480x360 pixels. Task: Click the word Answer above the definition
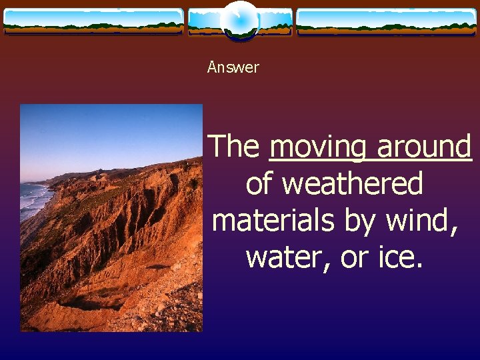(x=233, y=67)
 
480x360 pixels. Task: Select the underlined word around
(x=424, y=147)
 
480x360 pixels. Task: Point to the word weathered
(x=353, y=183)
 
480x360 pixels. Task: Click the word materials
(x=273, y=220)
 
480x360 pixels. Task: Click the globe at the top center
(x=239, y=20)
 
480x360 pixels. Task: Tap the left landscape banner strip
(x=93, y=22)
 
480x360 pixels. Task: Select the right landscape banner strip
(x=386, y=22)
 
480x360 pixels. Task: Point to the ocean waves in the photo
(x=33, y=200)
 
